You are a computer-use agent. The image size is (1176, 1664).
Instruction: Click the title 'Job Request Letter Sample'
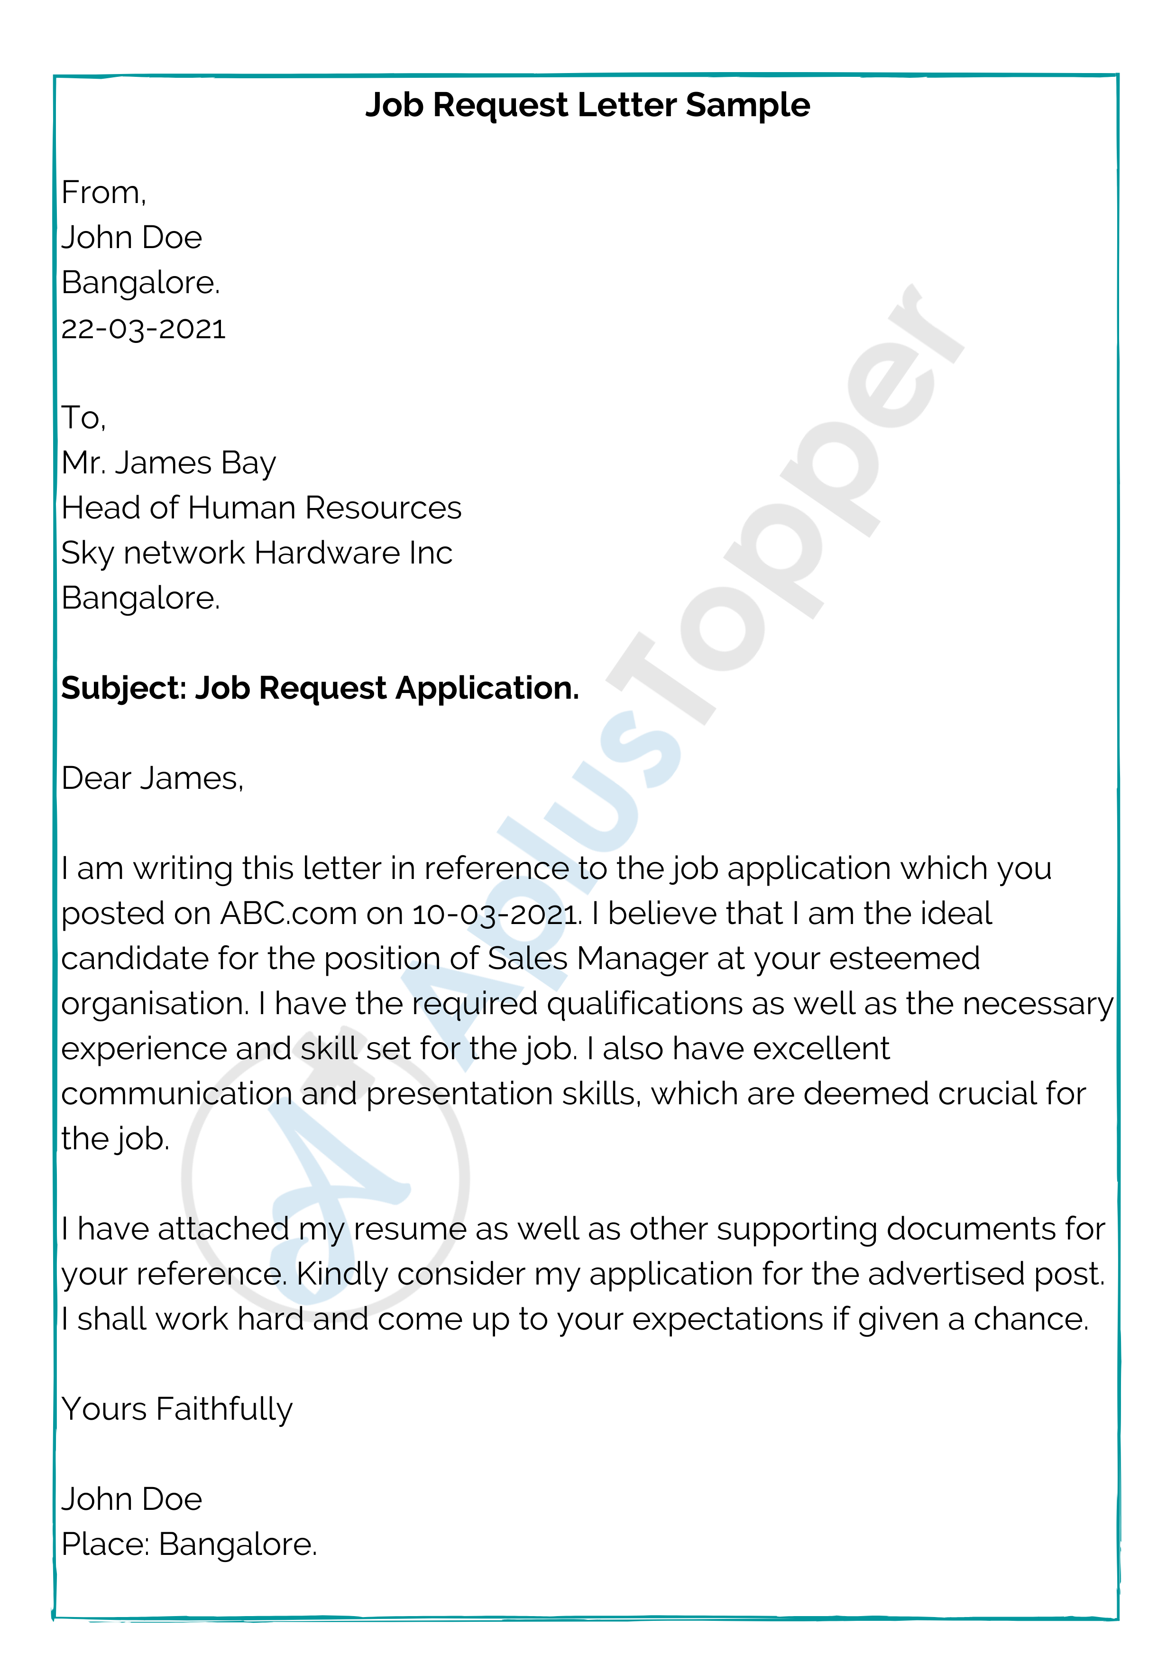[x=587, y=105]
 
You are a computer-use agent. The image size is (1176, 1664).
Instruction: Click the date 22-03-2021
[x=144, y=328]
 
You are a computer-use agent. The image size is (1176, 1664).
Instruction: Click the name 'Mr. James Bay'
[x=169, y=463]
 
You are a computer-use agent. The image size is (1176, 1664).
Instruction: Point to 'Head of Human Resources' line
[x=261, y=508]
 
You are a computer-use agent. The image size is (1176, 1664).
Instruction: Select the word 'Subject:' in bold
[x=123, y=688]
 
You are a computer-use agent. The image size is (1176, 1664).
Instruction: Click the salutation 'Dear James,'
[x=152, y=778]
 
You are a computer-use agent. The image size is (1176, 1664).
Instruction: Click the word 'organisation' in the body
[x=153, y=1005]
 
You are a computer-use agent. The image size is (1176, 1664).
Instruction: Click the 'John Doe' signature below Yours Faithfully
[x=131, y=1499]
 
